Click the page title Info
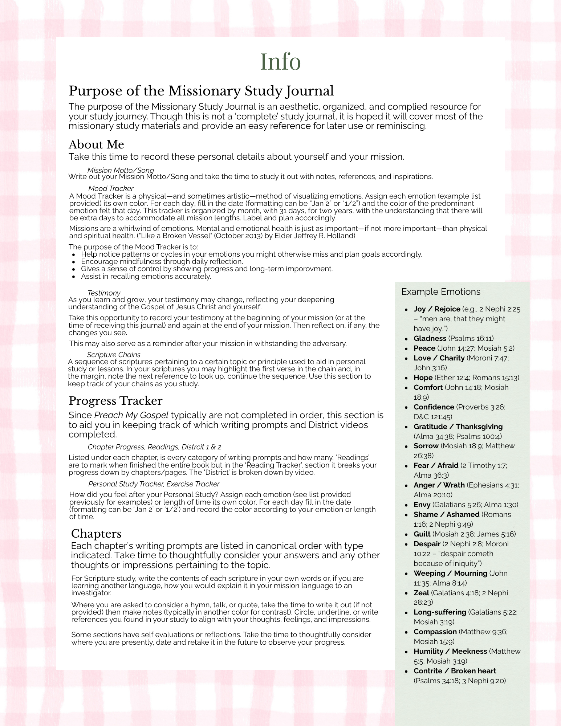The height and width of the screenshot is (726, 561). point(280,62)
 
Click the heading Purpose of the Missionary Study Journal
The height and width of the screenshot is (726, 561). point(201,91)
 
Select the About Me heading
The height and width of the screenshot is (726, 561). point(96,144)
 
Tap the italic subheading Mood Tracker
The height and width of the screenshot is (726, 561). point(111,188)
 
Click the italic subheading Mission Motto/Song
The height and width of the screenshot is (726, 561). point(121,170)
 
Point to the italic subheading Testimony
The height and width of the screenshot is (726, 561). point(104,293)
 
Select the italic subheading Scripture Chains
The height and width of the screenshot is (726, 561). point(114,355)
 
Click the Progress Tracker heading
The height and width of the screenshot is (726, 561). point(115,401)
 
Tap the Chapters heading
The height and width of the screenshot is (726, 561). point(96,533)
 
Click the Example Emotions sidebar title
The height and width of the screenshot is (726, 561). point(440,292)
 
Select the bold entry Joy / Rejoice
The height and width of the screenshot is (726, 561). point(436,309)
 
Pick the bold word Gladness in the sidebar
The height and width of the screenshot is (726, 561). point(430,339)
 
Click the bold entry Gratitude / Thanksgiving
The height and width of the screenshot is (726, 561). point(458,427)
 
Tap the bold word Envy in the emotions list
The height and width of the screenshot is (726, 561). point(422,505)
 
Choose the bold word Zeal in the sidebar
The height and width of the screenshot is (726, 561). point(421,593)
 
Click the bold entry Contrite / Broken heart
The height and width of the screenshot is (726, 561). point(455,671)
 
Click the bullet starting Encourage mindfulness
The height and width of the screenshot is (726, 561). point(162,262)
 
